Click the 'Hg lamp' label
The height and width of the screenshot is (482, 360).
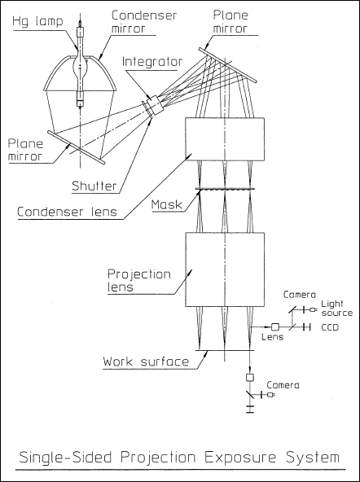[x=37, y=22]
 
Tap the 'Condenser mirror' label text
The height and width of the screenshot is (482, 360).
[x=144, y=21]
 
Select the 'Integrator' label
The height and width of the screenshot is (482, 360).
[x=152, y=62]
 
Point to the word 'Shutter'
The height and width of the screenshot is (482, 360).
[x=94, y=186]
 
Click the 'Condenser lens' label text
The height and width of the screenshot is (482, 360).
[x=67, y=212]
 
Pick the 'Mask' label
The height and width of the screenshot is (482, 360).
[x=167, y=204]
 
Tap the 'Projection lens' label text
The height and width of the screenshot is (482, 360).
[x=139, y=281]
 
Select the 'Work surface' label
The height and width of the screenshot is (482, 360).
[x=146, y=361]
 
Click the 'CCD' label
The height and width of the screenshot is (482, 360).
[x=330, y=327]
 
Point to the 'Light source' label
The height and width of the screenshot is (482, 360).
[x=337, y=309]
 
